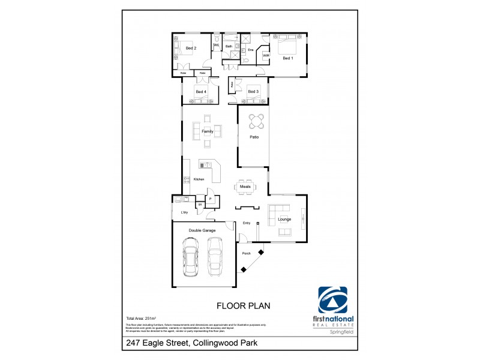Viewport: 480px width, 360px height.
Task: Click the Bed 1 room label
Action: pyautogui.click(x=288, y=58)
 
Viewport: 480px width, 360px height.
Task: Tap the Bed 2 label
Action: pyautogui.click(x=191, y=48)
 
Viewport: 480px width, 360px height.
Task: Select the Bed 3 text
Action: pyautogui.click(x=253, y=91)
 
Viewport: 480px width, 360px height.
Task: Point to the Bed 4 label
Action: pyautogui.click(x=200, y=92)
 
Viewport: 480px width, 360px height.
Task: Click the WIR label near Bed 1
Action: pyautogui.click(x=266, y=55)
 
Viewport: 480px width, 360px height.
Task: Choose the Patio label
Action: pyautogui.click(x=254, y=137)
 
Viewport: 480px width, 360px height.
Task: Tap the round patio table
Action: pyautogui.click(x=257, y=122)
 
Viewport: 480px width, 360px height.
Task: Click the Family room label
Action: pyautogui.click(x=208, y=131)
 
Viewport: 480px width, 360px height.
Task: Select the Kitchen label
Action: pyautogui.click(x=199, y=179)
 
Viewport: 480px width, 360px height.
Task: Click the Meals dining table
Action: pyautogui.click(x=245, y=187)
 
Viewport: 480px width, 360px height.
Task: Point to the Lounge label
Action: pyautogui.click(x=284, y=219)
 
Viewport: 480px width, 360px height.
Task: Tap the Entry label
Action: pyautogui.click(x=246, y=223)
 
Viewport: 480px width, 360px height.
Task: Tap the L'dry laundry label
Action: pyautogui.click(x=184, y=213)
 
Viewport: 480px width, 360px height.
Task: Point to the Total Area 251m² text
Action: pyautogui.click(x=141, y=317)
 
